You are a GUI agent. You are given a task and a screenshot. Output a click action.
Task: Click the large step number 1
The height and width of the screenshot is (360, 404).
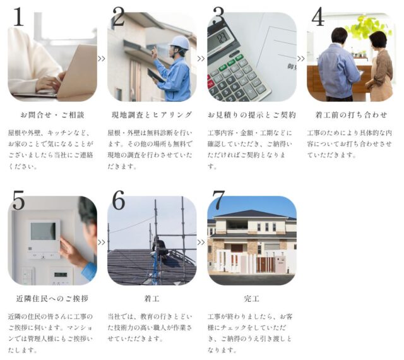tap(18, 17)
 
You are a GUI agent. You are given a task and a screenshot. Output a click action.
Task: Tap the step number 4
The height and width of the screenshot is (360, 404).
tap(318, 17)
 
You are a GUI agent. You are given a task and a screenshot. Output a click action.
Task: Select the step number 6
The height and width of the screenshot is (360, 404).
tap(119, 200)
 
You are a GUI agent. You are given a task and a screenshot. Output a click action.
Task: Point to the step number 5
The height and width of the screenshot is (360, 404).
tap(18, 200)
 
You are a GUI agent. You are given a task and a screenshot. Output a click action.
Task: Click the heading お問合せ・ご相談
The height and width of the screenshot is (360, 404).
tap(52, 115)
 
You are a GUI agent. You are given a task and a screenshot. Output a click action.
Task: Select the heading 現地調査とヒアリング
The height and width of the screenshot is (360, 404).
tap(151, 115)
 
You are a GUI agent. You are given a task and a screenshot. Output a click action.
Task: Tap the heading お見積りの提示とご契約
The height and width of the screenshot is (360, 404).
tap(252, 115)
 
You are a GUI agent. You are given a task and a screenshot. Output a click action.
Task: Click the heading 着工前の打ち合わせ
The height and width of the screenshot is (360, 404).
tap(351, 115)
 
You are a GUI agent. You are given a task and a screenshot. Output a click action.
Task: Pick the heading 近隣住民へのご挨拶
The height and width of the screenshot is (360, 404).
tap(52, 299)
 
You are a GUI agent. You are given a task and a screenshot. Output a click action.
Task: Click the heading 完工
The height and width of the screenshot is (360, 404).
tap(252, 299)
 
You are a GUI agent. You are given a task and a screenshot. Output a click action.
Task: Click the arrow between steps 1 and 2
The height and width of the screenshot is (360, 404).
tap(102, 59)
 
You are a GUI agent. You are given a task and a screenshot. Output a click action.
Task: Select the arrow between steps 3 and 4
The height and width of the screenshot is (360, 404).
tap(301, 59)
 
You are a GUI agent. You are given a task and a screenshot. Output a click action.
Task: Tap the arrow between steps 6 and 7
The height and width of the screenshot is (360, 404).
tap(201, 243)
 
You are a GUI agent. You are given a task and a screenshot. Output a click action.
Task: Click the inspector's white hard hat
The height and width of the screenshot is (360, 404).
tap(180, 43)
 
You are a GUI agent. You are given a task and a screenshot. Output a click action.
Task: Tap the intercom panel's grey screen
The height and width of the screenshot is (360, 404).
tap(43, 231)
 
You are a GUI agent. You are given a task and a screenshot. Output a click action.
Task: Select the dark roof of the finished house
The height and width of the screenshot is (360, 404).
tap(251, 214)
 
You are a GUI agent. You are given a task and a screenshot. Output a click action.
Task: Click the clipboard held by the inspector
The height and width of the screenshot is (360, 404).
tap(156, 75)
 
